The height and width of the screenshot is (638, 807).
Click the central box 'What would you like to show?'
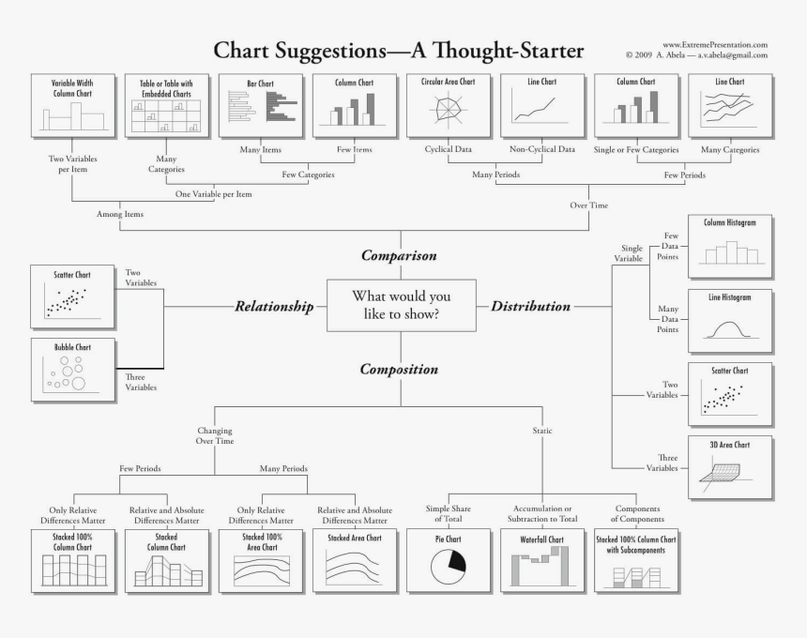[401, 305]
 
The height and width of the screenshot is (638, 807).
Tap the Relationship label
[273, 306]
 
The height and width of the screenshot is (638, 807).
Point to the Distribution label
[530, 306]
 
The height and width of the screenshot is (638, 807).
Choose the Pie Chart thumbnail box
[449, 560]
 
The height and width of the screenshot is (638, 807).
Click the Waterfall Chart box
[542, 560]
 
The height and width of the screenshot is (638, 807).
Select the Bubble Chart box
[71, 372]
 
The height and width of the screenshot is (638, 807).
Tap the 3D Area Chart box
[730, 466]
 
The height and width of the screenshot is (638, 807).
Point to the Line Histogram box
[730, 320]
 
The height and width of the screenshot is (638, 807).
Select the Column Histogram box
[730, 247]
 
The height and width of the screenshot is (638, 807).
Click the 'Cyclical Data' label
[448, 150]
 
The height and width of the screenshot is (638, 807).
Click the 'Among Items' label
[120, 214]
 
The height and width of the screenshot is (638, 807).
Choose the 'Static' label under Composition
[542, 431]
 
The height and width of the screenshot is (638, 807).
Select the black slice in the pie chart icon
[456, 562]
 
